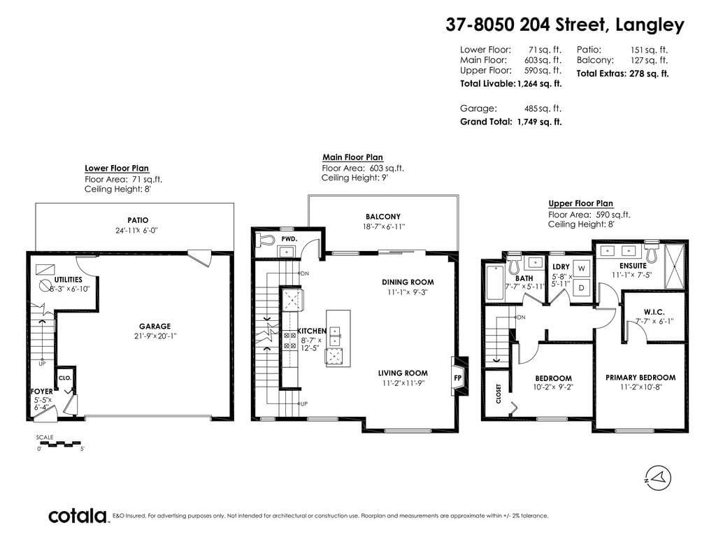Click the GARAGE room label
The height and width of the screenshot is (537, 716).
click(155, 326)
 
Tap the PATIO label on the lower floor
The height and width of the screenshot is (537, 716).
click(138, 220)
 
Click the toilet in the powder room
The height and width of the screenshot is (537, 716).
click(265, 240)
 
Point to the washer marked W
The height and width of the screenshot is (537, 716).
click(581, 268)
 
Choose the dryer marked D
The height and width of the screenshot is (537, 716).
click(581, 287)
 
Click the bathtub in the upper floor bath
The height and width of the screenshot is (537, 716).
click(495, 282)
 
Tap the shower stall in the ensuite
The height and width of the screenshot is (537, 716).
click(674, 266)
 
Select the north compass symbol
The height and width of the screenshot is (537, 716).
click(658, 478)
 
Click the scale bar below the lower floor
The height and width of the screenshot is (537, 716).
click(58, 443)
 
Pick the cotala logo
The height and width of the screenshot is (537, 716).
click(78, 516)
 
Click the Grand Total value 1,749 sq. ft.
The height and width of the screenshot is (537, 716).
click(539, 122)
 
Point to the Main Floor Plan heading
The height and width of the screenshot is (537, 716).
click(352, 157)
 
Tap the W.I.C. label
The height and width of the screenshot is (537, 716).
click(654, 312)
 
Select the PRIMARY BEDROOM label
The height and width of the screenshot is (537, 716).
click(640, 378)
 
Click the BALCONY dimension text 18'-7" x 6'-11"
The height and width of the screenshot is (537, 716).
click(384, 227)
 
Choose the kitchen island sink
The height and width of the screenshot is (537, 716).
click(335, 336)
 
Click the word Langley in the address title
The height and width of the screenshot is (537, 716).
click(650, 24)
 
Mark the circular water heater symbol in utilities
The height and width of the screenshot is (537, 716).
click(45, 285)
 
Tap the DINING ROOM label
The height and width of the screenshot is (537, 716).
click(408, 282)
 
